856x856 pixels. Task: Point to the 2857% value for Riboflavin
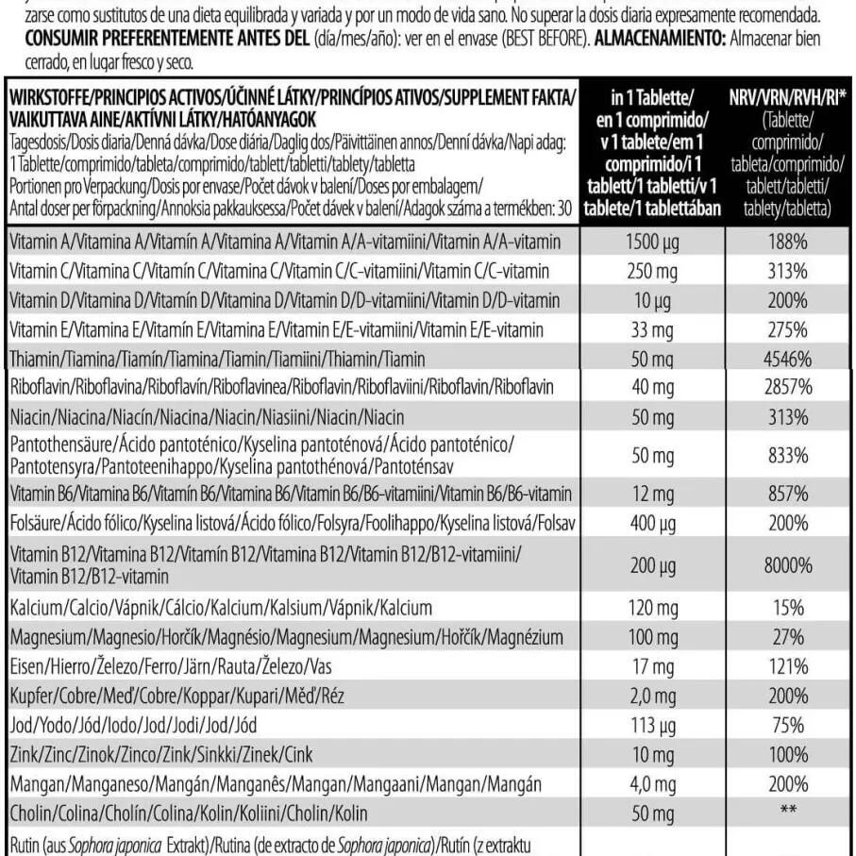(x=787, y=388)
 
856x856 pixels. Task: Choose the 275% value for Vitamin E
(x=787, y=329)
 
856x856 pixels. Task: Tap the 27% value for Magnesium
(x=787, y=635)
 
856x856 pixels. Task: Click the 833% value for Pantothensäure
(x=787, y=454)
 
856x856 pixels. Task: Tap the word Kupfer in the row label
(x=30, y=696)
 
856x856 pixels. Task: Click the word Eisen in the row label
(x=26, y=666)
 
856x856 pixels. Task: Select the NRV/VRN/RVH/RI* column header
(x=787, y=97)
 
